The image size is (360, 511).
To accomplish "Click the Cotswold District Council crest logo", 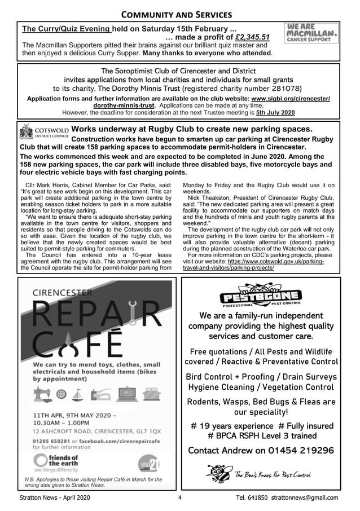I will coord(27,133).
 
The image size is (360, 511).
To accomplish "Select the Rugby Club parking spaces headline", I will coord(192,129).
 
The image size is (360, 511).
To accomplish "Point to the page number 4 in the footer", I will coord(179,498).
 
